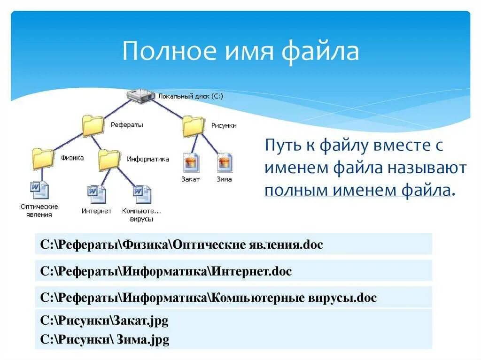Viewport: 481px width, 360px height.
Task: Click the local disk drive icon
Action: pos(140,95)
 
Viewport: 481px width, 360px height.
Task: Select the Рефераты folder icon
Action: pos(93,125)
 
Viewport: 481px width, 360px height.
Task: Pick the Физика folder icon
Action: pos(43,158)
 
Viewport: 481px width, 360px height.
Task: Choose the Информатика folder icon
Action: pos(109,160)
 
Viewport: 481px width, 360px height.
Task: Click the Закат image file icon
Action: pos(191,163)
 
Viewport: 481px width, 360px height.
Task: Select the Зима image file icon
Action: pos(225,163)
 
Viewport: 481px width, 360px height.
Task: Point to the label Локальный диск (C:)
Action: pos(191,96)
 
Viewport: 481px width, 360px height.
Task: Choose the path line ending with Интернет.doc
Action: pos(166,271)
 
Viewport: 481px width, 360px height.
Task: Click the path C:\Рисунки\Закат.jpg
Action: pos(104,321)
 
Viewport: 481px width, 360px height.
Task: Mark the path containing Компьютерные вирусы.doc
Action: pos(209,298)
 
